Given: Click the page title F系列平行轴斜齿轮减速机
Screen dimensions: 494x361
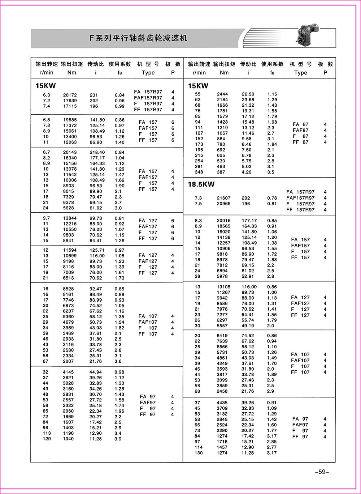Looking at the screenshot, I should (138, 38).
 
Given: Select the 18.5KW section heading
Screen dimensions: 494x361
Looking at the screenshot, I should (201, 184).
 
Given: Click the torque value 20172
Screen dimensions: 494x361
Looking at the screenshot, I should (68, 95).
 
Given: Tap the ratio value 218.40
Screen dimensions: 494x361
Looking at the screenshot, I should (97, 152).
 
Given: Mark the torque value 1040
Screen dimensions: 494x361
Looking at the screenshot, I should (68, 439).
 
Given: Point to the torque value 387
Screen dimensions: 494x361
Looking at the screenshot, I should (221, 172).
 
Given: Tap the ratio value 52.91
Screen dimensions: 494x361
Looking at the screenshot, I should (248, 276).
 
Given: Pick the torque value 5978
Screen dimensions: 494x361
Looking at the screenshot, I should (222, 276).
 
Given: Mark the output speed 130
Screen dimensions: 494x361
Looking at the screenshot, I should (199, 453).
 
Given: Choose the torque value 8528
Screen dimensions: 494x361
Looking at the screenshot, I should (68, 289).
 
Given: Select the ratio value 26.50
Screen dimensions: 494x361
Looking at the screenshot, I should (248, 94).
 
